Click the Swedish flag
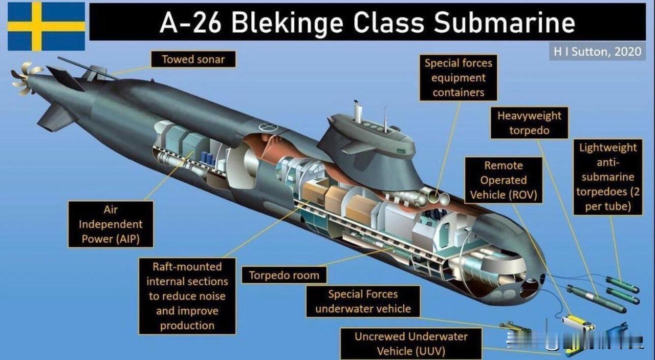point(47,26)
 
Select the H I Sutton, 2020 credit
point(597,52)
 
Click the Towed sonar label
point(193,59)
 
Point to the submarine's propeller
point(25,77)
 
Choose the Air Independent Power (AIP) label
point(111,224)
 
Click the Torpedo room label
point(284,276)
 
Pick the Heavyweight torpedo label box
point(529,123)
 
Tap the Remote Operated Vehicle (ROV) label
point(504,180)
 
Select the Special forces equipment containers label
point(458,78)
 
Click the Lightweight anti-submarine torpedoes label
point(608,177)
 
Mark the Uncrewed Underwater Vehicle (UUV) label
point(411,344)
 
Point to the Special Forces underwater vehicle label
point(363,302)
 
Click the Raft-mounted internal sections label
point(187,296)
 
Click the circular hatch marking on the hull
point(268,126)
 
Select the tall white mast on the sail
point(358,112)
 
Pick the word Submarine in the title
point(504,23)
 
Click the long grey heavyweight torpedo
point(597,299)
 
